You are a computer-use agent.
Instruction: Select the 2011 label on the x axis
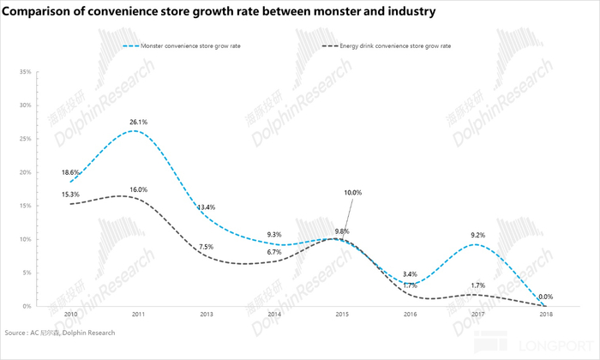pyautogui.click(x=136, y=315)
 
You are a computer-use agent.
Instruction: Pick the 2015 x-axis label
pyautogui.click(x=341, y=315)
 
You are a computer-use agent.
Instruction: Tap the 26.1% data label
pyautogui.click(x=138, y=123)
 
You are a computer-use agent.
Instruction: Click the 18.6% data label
pyautogui.click(x=71, y=172)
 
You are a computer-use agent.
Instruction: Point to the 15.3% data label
pyautogui.click(x=71, y=195)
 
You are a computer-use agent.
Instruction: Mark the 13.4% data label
pyautogui.click(x=206, y=207)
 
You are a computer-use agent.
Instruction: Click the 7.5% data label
pyautogui.click(x=206, y=247)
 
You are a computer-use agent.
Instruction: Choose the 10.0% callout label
pyautogui.click(x=352, y=193)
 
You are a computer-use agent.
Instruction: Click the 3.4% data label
pyautogui.click(x=410, y=274)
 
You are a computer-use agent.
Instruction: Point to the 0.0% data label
pyautogui.click(x=545, y=297)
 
